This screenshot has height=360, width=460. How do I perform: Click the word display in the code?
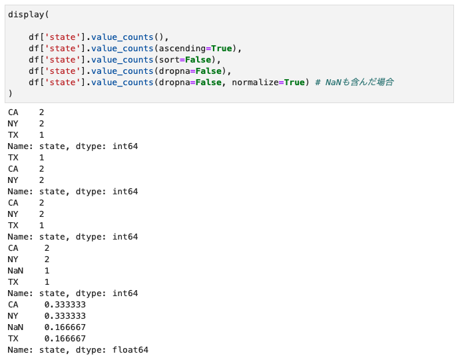(26, 14)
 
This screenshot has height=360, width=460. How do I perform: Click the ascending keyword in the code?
(180, 48)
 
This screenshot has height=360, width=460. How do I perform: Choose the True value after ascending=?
(222, 48)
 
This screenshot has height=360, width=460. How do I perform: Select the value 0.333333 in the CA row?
(65, 304)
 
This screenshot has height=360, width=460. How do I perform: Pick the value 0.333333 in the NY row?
(65, 315)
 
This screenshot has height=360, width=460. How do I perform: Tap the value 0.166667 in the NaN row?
(65, 327)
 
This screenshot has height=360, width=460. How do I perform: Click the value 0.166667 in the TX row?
(65, 338)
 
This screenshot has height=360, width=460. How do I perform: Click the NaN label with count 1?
(15, 270)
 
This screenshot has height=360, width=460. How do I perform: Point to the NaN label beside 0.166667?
(15, 327)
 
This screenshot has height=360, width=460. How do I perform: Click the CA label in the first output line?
(13, 112)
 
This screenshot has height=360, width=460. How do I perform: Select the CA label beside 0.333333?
(13, 304)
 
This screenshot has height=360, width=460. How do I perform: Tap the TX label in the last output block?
(13, 338)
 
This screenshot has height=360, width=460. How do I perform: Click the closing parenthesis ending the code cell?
(11, 93)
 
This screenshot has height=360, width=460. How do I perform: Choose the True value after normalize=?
(294, 82)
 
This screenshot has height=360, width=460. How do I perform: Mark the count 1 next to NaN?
(47, 270)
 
